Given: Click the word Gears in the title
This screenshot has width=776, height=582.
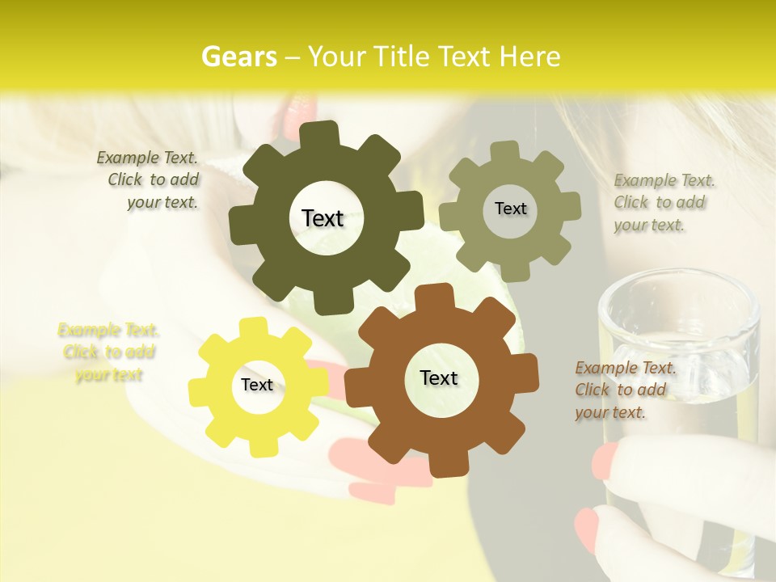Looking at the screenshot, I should [238, 57].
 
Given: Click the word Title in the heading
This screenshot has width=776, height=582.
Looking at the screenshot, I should [402, 57].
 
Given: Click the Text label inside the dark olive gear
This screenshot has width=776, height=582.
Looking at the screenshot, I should [323, 218].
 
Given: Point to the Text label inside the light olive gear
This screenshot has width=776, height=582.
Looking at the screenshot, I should [510, 209].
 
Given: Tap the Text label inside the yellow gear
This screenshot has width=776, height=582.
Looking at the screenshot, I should [257, 385].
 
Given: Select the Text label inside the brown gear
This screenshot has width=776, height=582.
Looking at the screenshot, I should [439, 377].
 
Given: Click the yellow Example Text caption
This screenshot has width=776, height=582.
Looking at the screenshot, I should [108, 352].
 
